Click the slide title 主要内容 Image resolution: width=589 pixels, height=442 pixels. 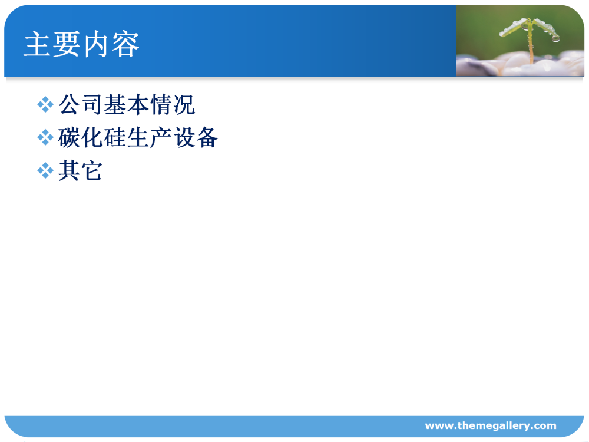(81, 44)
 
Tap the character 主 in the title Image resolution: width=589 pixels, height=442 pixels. (38, 44)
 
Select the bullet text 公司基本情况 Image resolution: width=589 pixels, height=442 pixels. (127, 104)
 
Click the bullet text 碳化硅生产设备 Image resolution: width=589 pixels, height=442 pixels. (138, 137)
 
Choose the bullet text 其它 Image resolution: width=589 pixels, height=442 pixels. (80, 170)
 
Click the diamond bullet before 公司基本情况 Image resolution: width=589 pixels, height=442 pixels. (45, 104)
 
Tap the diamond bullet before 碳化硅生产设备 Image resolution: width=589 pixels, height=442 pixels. (45, 137)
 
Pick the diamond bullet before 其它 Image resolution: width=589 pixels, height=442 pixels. (45, 171)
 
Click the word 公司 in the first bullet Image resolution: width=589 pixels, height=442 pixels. (80, 104)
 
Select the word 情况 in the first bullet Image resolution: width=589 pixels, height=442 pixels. (173, 104)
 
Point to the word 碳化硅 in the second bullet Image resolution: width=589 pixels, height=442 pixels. (92, 137)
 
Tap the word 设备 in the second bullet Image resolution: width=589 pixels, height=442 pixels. (196, 137)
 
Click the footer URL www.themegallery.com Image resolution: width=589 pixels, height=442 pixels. (491, 425)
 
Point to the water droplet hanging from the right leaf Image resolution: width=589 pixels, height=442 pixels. (555, 38)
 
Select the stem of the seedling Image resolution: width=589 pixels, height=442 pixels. (531, 45)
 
